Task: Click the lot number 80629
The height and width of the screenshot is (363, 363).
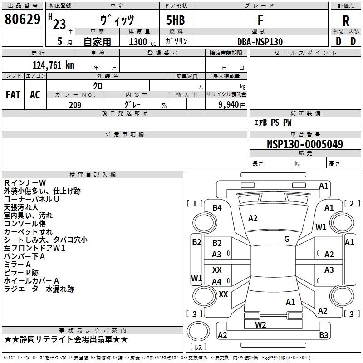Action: pos(22,19)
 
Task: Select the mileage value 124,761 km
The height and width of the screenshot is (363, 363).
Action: pos(53,65)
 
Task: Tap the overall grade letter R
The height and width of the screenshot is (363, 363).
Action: pos(346,20)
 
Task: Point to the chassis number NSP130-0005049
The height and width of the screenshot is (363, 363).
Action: pos(305,144)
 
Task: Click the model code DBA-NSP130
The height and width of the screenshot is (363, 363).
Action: pos(260,42)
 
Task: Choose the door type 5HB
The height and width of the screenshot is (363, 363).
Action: pos(176,20)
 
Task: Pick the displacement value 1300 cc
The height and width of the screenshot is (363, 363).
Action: pos(142,42)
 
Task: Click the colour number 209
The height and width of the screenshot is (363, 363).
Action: pos(75,105)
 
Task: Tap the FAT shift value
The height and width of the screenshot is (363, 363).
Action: pos(13,95)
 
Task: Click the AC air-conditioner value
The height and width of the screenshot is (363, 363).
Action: pos(35,95)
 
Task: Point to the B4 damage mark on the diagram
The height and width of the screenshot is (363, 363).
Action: pos(217,208)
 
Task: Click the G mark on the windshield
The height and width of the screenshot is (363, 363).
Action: pos(287,239)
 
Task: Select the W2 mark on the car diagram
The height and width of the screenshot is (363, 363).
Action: pos(260,324)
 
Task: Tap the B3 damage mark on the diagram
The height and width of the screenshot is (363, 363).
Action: pos(324,335)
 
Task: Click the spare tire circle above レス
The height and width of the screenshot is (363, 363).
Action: pos(198,331)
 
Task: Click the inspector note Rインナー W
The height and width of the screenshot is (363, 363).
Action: pos(25,183)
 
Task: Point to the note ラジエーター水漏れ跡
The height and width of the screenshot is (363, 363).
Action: pos(39,289)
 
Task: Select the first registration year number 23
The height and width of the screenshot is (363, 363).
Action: pos(59,24)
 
